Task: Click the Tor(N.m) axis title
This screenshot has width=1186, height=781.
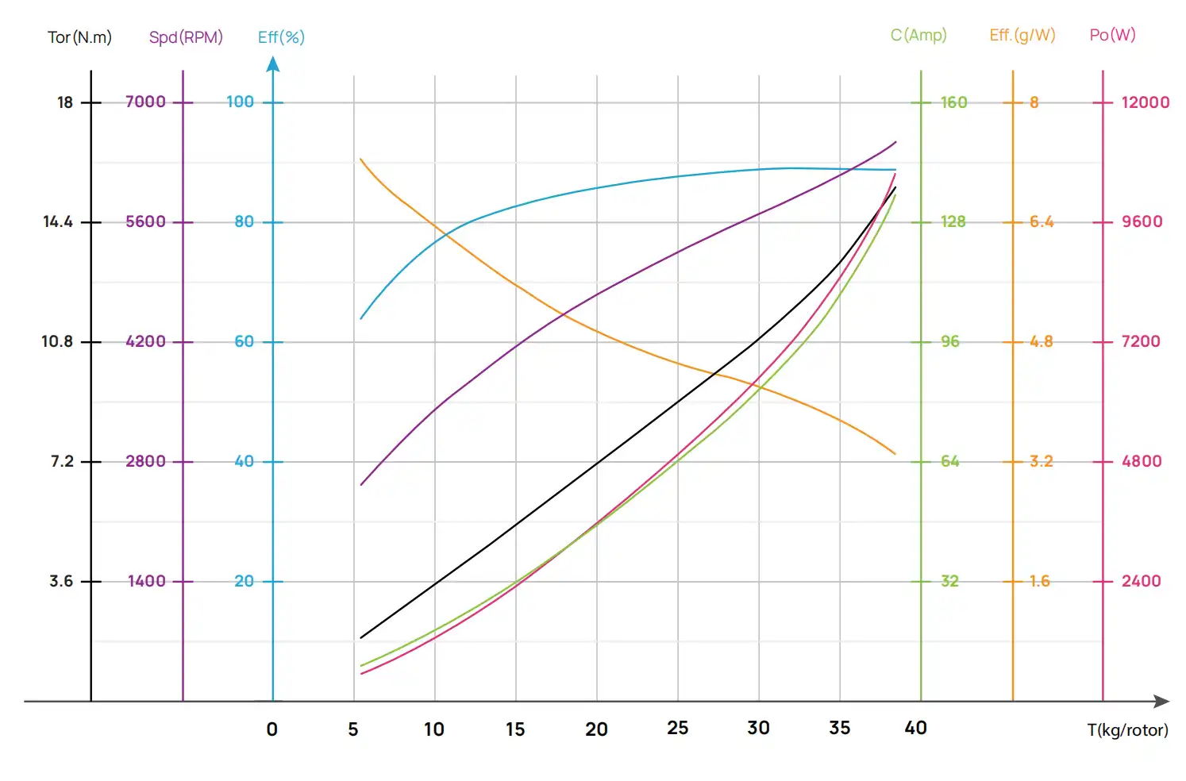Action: (79, 37)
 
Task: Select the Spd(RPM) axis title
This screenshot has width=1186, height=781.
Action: (186, 37)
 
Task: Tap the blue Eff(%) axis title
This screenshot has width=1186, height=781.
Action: (281, 37)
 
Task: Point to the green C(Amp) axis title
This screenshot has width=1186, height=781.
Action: (918, 35)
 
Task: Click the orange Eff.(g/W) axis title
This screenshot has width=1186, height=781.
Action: (1022, 35)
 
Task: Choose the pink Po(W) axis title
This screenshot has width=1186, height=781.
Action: (1112, 35)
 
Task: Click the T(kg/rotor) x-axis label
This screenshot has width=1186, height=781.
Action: (1127, 730)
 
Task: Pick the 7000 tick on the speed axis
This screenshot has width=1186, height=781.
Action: (145, 102)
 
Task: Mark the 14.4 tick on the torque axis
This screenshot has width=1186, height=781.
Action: (58, 221)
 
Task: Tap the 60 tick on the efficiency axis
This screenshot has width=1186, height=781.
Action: (244, 341)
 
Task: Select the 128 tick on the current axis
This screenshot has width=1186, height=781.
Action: (953, 221)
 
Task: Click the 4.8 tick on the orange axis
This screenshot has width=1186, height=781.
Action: (1041, 341)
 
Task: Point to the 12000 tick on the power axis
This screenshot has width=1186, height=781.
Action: (1145, 102)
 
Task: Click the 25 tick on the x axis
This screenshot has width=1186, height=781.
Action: (677, 728)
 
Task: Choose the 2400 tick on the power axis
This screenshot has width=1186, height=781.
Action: (1141, 581)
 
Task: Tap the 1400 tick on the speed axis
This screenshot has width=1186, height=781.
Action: (147, 581)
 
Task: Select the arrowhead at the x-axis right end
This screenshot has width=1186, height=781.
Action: (1162, 702)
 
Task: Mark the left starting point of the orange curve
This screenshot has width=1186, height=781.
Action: (361, 160)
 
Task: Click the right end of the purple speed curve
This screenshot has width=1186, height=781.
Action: (895, 143)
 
